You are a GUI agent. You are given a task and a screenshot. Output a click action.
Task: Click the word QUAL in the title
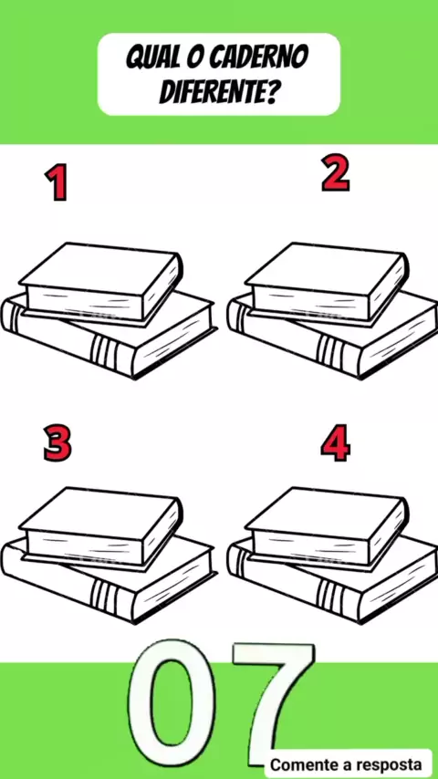pos(147,57)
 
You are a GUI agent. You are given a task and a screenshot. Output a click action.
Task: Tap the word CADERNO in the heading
pos(258,57)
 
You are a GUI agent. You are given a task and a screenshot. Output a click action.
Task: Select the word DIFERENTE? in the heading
pos(218,91)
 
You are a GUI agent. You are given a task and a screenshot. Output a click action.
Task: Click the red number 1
pos(57,182)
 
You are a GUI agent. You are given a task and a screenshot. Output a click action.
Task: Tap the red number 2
pos(335,173)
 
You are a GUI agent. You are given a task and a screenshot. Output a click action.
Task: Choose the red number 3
pos(57,442)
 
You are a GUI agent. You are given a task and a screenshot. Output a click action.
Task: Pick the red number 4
pos(335,442)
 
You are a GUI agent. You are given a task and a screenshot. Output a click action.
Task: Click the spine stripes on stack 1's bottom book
pos(104,350)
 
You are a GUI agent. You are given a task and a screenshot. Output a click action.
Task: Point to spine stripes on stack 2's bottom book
pos(330,350)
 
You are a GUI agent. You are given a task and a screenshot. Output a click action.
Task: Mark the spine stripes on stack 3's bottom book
pos(104,595)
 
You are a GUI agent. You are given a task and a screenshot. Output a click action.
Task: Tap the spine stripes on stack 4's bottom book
pos(330,595)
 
